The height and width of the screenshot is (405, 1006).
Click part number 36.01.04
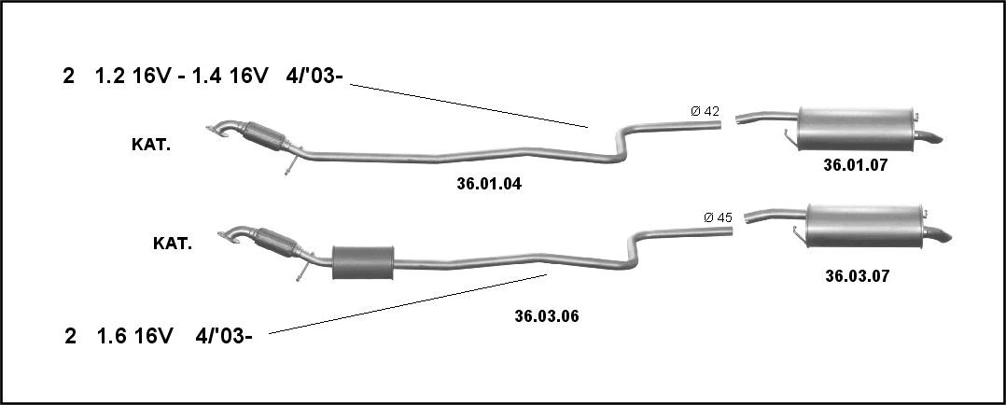click(489, 184)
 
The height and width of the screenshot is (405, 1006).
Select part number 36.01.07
click(855, 165)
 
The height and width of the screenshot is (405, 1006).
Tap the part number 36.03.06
click(547, 315)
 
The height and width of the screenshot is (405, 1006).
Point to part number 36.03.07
click(857, 276)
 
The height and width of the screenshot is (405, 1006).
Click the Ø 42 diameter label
click(706, 111)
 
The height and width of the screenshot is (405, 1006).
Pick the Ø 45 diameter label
click(718, 216)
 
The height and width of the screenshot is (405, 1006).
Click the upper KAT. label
click(151, 145)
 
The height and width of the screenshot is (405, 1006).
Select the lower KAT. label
click(173, 244)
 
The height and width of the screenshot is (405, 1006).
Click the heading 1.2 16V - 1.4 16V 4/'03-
click(218, 77)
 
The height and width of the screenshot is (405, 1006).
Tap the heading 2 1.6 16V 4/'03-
click(158, 336)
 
